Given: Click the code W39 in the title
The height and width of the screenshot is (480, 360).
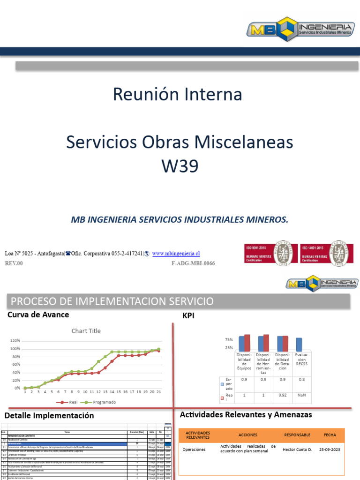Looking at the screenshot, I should click(180, 165).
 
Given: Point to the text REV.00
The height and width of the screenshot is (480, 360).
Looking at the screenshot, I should click(14, 263).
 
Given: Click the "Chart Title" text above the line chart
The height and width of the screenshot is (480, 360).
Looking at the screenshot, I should click(86, 330).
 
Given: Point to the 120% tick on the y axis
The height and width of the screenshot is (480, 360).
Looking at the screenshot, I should click(15, 341).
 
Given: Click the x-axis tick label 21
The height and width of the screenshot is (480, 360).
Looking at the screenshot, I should click(158, 392).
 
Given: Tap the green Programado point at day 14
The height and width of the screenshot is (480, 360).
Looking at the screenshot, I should click(112, 352).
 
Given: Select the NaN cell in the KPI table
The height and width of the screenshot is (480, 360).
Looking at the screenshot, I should click(301, 395).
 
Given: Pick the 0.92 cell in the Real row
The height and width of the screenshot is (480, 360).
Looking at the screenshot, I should click(283, 395).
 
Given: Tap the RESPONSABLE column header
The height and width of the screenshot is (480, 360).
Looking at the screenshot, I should click(297, 435).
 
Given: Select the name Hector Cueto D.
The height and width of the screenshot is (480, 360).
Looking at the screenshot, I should click(297, 449).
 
